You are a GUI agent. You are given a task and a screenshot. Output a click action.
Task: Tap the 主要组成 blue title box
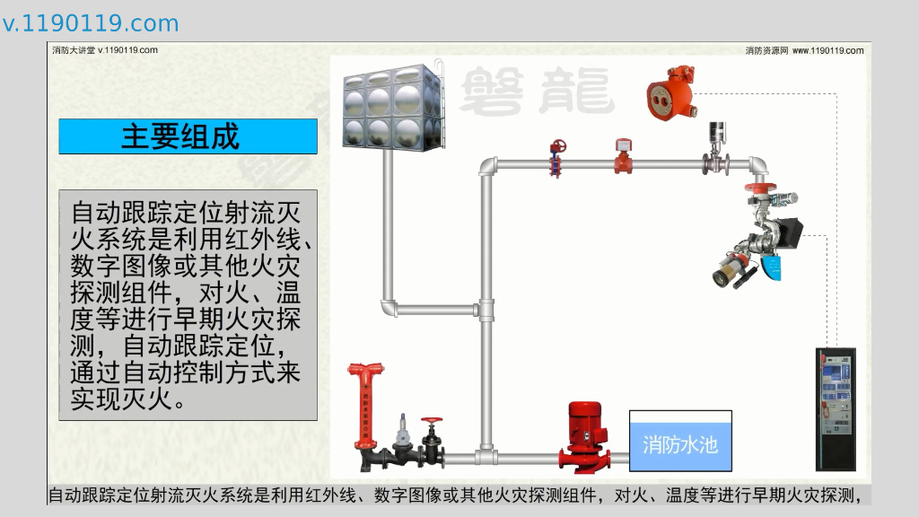pyautogui.click(x=188, y=136)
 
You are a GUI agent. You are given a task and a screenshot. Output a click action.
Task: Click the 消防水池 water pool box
pyautogui.click(x=679, y=441)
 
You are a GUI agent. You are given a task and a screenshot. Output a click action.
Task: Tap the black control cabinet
pyautogui.click(x=835, y=408)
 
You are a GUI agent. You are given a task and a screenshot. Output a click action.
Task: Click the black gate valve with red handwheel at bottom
pyautogui.click(x=433, y=441)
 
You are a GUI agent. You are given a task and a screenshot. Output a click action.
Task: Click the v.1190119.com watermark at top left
pyautogui.click(x=91, y=23)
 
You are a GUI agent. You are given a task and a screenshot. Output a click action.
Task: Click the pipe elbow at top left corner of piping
pyautogui.click(x=487, y=167)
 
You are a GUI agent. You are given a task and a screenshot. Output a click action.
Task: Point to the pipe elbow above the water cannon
pyautogui.click(x=757, y=166)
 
